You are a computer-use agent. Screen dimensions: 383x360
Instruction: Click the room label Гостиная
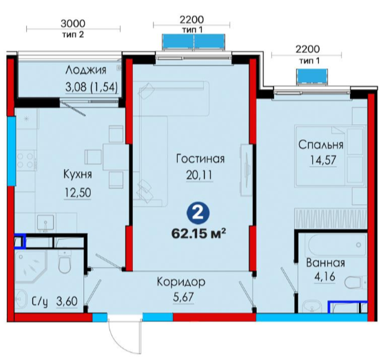click(x=200, y=159)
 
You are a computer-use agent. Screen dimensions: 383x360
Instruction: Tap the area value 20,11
click(x=199, y=174)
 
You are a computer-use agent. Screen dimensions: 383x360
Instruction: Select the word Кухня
click(x=78, y=174)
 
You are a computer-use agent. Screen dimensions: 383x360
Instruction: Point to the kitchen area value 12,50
click(x=78, y=192)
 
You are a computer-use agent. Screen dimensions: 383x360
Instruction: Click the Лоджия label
click(x=86, y=70)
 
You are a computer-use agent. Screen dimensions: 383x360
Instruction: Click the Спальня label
click(x=321, y=145)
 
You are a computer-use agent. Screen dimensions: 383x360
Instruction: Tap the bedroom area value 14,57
click(x=323, y=161)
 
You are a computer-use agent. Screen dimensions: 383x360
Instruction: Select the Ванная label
click(x=325, y=263)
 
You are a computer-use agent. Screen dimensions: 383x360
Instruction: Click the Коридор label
click(x=181, y=282)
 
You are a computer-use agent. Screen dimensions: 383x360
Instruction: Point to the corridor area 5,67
click(x=183, y=297)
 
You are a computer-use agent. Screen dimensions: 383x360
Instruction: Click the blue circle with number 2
click(x=198, y=213)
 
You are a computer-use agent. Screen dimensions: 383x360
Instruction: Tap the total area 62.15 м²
click(x=198, y=234)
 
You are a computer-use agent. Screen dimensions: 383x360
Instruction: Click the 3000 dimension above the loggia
click(x=73, y=23)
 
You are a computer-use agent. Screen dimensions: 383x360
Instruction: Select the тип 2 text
click(x=73, y=34)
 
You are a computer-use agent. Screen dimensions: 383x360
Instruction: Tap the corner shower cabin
click(x=30, y=267)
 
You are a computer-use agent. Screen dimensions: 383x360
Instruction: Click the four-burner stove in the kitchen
click(x=25, y=160)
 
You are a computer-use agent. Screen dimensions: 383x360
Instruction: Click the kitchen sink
click(x=45, y=223)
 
